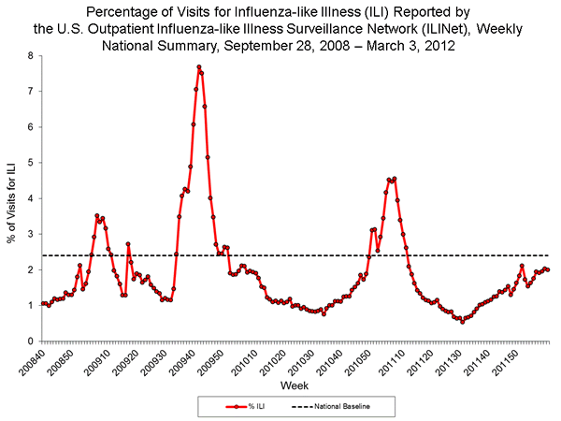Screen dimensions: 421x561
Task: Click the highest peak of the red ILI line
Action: coord(199,67)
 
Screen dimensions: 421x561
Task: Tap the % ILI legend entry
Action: coord(245,406)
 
